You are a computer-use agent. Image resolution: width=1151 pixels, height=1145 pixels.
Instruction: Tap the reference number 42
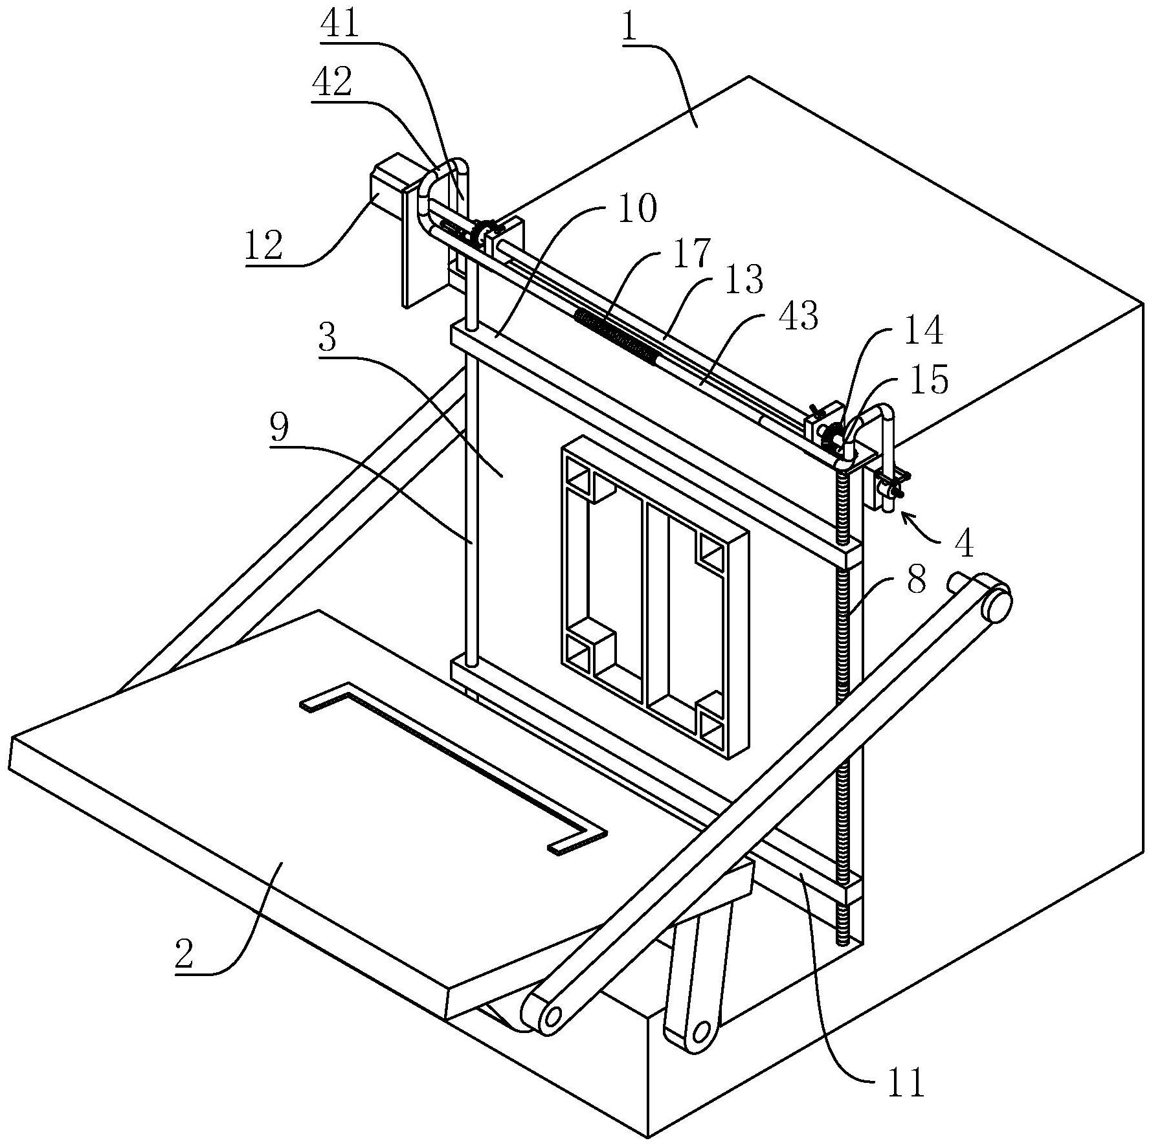click(x=331, y=82)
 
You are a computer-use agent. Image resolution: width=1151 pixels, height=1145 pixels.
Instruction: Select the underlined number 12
click(x=263, y=245)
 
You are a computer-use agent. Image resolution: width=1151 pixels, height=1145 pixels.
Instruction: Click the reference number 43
click(x=798, y=316)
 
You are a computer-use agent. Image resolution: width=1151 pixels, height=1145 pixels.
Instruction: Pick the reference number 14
click(x=922, y=329)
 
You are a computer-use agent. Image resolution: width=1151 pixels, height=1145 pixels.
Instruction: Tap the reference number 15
click(x=928, y=379)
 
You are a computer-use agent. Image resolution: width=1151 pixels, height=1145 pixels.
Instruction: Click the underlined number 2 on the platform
click(x=184, y=954)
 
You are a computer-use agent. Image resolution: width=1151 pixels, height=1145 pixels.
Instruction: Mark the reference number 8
click(x=916, y=580)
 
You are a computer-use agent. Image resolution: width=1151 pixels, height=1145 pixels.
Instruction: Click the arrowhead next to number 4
click(x=908, y=518)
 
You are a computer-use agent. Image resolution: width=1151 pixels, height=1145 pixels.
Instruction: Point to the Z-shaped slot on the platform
click(x=454, y=768)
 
